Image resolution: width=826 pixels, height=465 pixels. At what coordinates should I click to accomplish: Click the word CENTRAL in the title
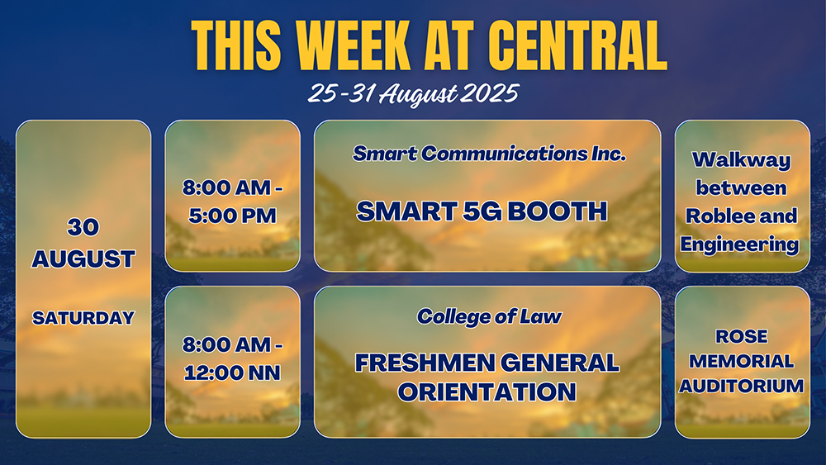(x=578, y=45)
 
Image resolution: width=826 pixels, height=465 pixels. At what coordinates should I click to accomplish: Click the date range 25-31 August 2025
(x=413, y=94)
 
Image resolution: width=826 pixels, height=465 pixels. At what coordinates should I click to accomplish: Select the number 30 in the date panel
(x=83, y=227)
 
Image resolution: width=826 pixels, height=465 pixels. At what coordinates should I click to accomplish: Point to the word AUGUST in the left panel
(x=83, y=259)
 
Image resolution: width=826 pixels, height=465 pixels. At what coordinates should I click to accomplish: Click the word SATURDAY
(x=83, y=318)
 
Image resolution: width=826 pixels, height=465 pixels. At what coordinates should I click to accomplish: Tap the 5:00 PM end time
(x=232, y=216)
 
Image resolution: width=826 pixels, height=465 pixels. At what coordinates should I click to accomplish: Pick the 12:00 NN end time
(x=232, y=372)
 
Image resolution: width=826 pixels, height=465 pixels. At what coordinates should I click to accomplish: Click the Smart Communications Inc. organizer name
(x=489, y=154)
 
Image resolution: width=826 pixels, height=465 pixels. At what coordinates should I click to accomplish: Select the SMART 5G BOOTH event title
(x=482, y=211)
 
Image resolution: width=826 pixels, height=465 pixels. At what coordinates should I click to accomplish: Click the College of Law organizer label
(x=489, y=316)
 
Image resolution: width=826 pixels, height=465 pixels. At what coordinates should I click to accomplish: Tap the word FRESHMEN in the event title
(x=425, y=363)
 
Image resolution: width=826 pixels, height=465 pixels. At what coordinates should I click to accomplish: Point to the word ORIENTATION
(x=487, y=391)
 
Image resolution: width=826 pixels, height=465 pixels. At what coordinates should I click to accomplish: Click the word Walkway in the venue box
(x=742, y=160)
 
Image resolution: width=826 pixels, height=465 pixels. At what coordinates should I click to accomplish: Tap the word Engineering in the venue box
(x=739, y=244)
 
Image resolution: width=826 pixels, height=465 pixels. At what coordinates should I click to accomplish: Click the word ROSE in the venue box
(x=742, y=336)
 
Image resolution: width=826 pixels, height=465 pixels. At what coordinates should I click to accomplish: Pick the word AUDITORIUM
(x=742, y=386)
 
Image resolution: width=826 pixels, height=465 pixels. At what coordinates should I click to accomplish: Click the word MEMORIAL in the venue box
(x=742, y=361)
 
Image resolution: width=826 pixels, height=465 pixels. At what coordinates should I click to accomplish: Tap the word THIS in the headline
(x=236, y=45)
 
